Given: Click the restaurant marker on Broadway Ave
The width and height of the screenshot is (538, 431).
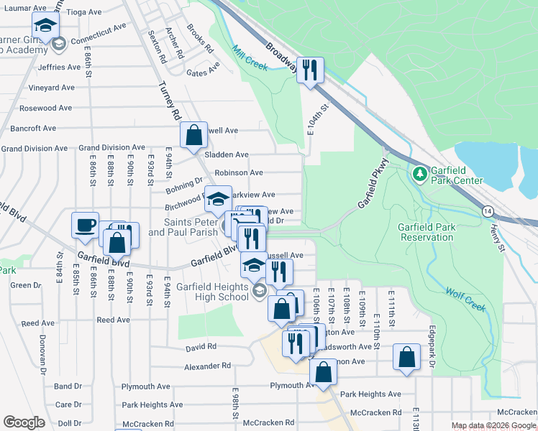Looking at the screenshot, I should click(310, 70).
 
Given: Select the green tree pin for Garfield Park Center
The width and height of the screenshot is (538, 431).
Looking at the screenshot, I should click(419, 174).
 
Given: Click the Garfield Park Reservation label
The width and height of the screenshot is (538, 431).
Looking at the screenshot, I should click(427, 232).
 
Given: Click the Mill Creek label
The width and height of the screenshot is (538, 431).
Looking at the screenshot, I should click(250, 59).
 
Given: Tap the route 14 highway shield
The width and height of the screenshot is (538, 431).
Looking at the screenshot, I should click(488, 211).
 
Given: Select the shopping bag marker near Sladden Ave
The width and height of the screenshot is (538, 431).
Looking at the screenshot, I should click(193, 135).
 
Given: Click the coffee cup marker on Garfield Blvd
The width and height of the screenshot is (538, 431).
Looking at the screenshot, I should click(85, 225).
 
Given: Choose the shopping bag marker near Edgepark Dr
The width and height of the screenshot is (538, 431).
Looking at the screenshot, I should click(406, 358).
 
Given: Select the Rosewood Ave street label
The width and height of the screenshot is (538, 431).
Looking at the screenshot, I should click(46, 108).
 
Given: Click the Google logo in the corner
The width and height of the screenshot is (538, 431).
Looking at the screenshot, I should click(24, 422).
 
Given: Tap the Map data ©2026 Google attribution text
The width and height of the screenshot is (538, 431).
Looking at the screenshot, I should click(493, 426).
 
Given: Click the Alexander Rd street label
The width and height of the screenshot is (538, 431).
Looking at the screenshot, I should click(207, 366).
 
